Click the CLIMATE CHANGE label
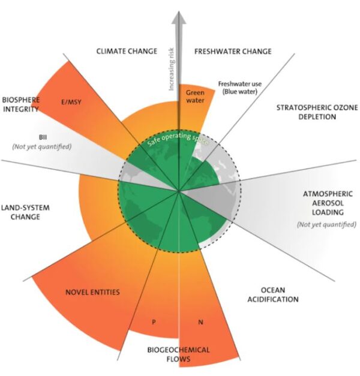click(x=127, y=51)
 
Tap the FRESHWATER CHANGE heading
click(x=233, y=52)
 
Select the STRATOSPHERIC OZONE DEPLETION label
click(x=317, y=112)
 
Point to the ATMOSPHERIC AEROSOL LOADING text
click(x=328, y=203)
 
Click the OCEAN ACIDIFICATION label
click(x=273, y=294)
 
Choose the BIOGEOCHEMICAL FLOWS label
click(x=178, y=354)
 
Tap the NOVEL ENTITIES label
click(x=92, y=292)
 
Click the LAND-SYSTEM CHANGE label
click(x=25, y=212)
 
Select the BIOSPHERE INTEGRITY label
click(x=20, y=104)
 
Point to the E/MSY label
click(x=71, y=102)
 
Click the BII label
click(x=43, y=137)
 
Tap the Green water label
click(x=195, y=96)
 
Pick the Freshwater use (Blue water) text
click(x=240, y=88)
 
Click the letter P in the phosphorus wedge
click(x=154, y=322)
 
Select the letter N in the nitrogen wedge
click(x=200, y=322)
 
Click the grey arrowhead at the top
click(x=179, y=17)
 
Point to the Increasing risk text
click(x=171, y=69)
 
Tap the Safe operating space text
click(x=178, y=139)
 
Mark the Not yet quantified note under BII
click(x=42, y=146)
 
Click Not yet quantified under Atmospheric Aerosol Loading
click(x=326, y=224)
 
